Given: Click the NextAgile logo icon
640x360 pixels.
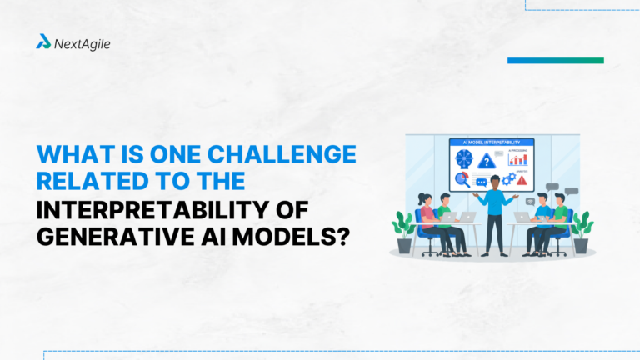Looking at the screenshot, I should [43, 41].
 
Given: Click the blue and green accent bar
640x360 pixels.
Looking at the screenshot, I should [555, 60].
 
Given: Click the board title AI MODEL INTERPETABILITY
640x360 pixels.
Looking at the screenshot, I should [492, 142].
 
